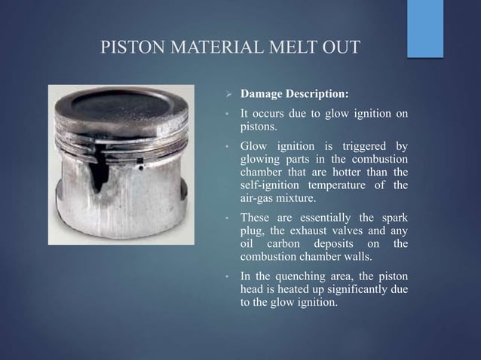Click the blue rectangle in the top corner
coord(425,28)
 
